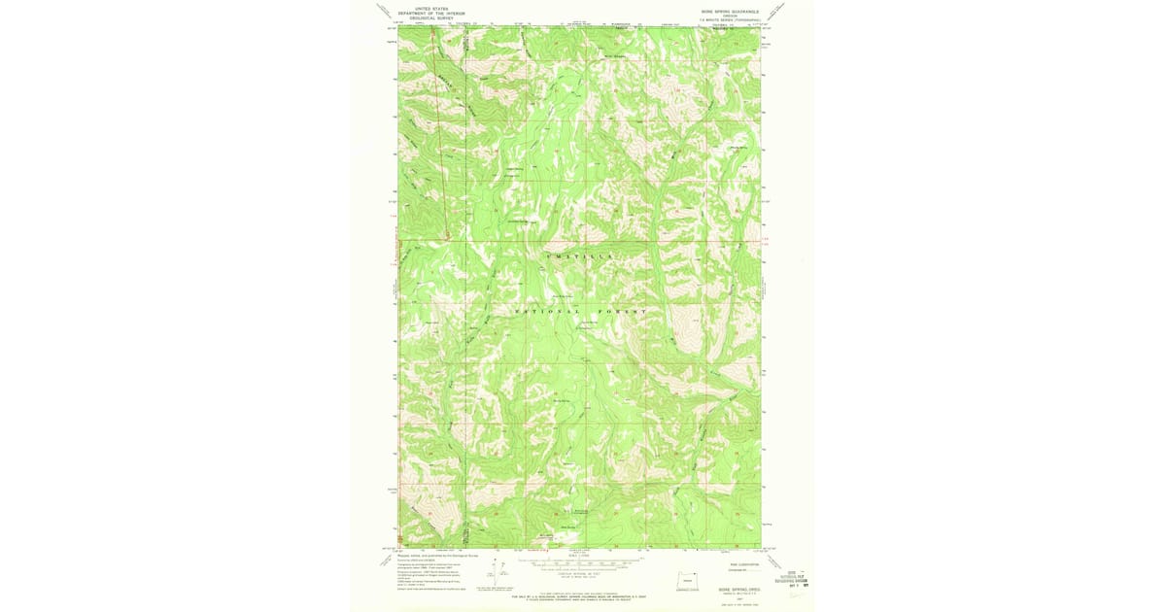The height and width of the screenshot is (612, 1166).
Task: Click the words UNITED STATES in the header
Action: pyautogui.click(x=428, y=7)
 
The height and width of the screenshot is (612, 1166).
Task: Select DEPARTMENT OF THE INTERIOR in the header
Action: pyautogui.click(x=428, y=12)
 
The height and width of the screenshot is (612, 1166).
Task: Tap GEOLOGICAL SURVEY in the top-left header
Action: pyautogui.click(x=428, y=17)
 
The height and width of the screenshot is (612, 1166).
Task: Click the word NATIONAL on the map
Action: pyautogui.click(x=537, y=310)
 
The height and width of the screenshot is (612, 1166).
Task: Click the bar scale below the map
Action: pyautogui.click(x=579, y=563)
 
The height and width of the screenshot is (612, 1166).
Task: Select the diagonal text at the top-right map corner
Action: pyautogui.click(x=775, y=12)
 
